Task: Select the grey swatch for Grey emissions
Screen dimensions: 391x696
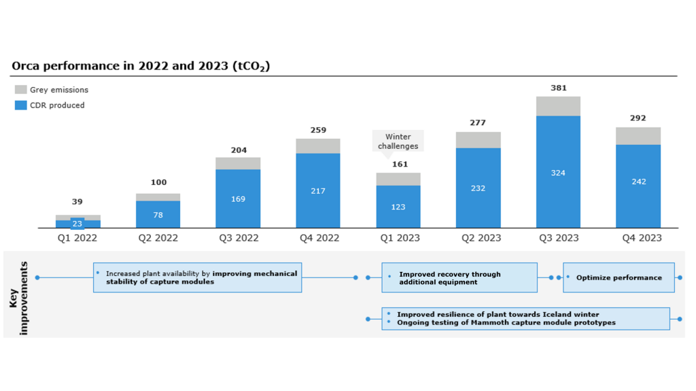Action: [20, 90]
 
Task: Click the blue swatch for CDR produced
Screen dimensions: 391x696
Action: [20, 105]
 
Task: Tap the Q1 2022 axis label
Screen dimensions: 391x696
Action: [77, 238]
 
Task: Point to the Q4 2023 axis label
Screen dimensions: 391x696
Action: [638, 238]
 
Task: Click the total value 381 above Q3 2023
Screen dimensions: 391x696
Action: [558, 88]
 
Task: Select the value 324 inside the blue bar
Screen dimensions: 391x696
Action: [558, 173]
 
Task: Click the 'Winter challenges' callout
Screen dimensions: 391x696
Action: [398, 141]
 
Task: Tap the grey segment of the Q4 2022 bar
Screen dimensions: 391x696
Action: [317, 146]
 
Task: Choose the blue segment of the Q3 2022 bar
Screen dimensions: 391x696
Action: [238, 199]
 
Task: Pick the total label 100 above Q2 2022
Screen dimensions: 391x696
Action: [158, 182]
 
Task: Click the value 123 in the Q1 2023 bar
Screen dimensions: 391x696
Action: [398, 207]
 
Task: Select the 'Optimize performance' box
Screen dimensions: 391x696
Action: [619, 277]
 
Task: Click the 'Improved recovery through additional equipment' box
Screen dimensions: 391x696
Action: [459, 277]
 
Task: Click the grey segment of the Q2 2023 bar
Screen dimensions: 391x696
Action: [478, 140]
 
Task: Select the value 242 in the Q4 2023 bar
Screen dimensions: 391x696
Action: [638, 182]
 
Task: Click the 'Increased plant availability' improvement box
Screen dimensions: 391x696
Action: [197, 277]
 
